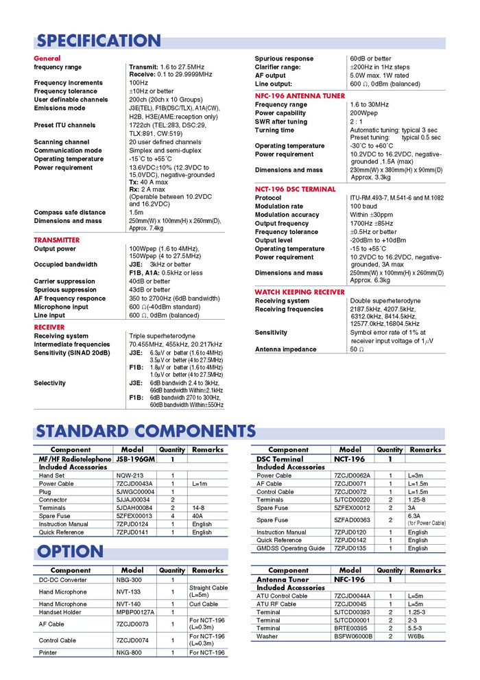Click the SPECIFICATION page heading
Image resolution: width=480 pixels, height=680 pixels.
[99, 40]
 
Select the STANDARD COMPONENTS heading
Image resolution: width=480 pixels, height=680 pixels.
[146, 431]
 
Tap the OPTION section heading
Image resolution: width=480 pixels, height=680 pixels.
[70, 551]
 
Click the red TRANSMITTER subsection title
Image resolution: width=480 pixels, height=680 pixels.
[57, 240]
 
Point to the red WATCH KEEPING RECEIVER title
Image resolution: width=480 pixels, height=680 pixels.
[300, 292]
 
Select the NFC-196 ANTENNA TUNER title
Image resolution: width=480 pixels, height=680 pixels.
[296, 96]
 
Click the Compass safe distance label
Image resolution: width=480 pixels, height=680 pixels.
[70, 213]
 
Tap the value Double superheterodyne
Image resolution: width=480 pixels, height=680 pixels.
[385, 301]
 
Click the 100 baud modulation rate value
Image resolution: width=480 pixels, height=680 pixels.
[363, 206]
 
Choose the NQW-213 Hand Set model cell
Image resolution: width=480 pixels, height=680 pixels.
[129, 475]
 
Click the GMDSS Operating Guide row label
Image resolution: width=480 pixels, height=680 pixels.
[291, 548]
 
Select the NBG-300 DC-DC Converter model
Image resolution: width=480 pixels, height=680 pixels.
[129, 580]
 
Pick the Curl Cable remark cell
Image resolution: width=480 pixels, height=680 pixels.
[204, 604]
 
